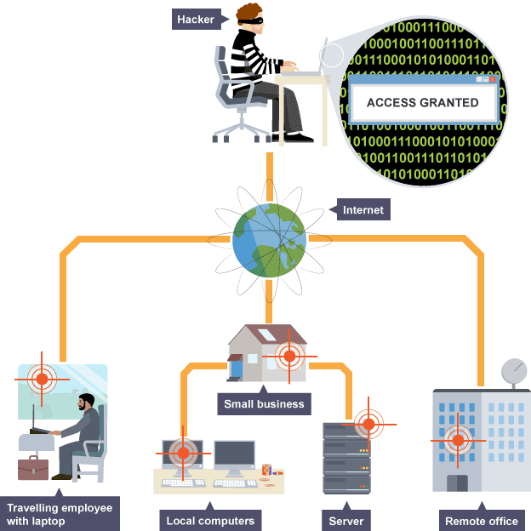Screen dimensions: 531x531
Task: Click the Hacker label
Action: point(197,20)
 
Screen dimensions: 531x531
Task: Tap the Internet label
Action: point(363,209)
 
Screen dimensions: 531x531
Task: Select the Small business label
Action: point(264,403)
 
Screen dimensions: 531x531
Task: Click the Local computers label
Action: point(210,521)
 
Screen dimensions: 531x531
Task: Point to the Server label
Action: point(346,521)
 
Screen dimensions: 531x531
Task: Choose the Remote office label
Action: point(482,521)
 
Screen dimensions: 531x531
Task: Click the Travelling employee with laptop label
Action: point(60,514)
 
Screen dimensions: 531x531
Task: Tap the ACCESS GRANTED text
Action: point(423,103)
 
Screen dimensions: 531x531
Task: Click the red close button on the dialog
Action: point(493,79)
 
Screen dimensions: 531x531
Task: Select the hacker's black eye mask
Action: point(251,21)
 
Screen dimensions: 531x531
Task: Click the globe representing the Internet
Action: point(270,241)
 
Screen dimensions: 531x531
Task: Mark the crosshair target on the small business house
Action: point(289,357)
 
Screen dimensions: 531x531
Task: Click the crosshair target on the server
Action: point(368,424)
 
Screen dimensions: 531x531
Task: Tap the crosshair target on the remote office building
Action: point(458,441)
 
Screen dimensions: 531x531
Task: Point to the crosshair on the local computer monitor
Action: point(183,453)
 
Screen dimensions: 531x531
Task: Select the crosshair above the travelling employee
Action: point(42,380)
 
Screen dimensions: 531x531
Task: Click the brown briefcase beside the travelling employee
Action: point(33,468)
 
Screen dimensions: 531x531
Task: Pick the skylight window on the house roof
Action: point(266,335)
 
